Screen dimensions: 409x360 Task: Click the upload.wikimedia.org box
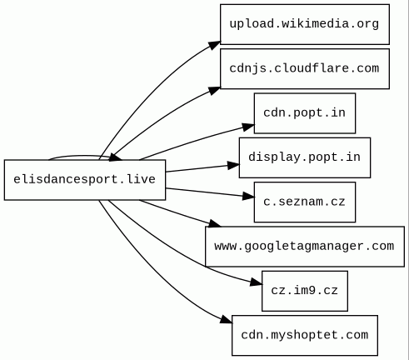305,24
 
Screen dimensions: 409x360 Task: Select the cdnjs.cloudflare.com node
305,68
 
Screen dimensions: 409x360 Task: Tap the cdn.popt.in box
305,113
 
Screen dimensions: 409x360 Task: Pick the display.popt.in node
305,157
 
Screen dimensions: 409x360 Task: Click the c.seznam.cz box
305,202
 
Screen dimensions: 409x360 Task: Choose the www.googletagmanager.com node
305,247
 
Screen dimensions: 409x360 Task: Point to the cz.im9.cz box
305,291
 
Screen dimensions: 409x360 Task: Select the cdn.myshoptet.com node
305,335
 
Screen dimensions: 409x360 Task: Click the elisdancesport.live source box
85,180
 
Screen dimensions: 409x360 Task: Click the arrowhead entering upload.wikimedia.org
215,45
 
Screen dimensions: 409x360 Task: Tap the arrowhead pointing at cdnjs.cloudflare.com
214,91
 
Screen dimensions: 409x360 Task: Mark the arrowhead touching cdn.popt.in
248,127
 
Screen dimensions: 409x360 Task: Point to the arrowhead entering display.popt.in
233,165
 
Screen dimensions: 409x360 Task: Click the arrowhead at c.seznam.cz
248,196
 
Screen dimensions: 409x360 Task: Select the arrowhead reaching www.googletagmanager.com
215,223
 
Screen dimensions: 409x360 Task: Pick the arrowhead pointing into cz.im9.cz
256,282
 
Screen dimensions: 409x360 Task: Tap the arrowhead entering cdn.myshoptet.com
226,319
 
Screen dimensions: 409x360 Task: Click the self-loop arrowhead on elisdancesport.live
116,157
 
